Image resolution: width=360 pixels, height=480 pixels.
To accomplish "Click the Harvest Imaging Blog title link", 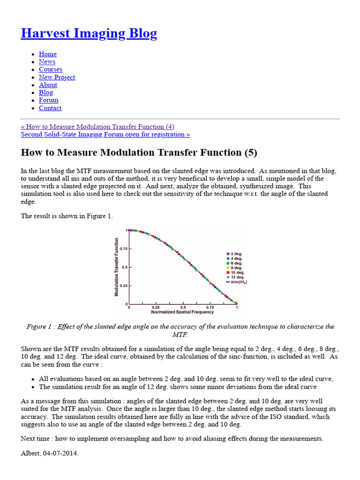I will (89, 34).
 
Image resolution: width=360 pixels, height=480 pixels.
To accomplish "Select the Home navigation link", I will (47, 54).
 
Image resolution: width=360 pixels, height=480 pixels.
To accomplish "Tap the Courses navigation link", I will (50, 69).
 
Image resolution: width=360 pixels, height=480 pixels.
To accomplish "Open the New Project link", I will (57, 77).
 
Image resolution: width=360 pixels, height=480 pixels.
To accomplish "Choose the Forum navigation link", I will (48, 100).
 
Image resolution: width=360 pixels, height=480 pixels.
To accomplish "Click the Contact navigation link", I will (50, 108).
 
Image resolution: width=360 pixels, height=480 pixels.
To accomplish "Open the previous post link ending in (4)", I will (97, 127).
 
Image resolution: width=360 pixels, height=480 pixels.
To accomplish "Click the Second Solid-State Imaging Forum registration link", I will (105, 135).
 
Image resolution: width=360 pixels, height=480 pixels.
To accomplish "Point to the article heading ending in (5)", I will (139, 153).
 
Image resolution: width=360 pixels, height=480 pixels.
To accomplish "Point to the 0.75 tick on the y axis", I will (122, 249).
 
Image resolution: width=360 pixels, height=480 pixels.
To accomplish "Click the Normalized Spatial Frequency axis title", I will (182, 312).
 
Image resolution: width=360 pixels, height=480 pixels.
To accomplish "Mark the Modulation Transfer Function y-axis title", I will (117, 267).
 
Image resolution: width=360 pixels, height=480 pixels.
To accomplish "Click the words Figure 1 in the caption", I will (39, 327).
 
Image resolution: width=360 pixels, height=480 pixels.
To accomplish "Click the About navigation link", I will (48, 85).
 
